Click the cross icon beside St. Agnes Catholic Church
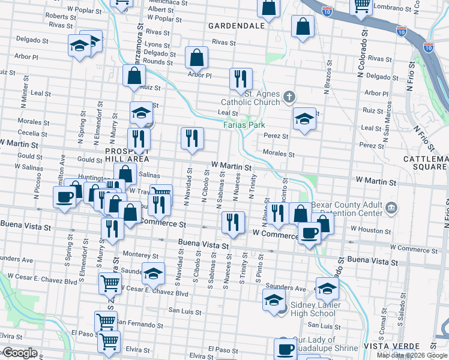pos(289,96)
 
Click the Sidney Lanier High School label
pos(313,309)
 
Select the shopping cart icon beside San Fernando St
pos(106,322)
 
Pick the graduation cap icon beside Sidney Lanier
pos(274,299)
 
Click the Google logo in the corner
pos(19,353)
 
